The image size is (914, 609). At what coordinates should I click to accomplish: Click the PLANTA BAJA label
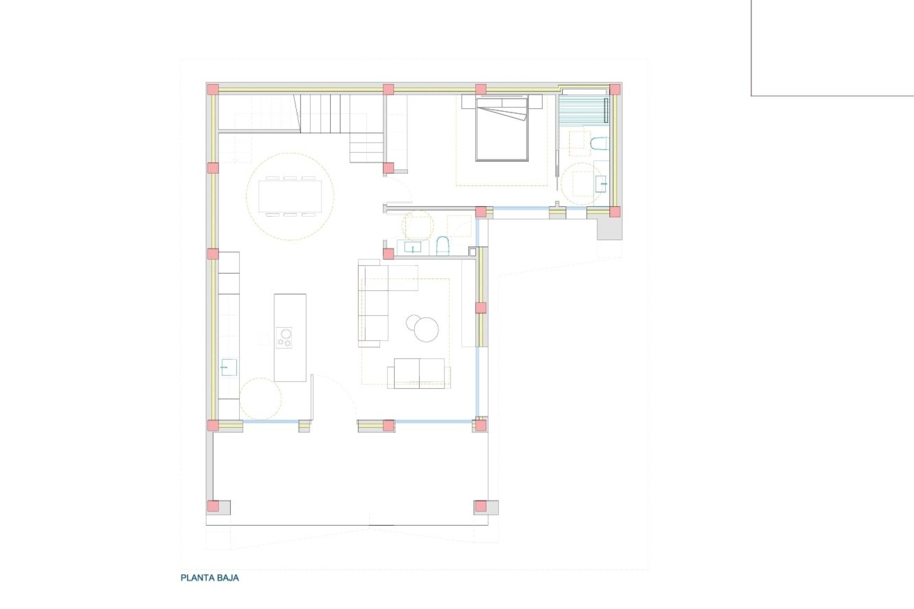209,578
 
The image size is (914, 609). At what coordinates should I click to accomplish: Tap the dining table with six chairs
290,196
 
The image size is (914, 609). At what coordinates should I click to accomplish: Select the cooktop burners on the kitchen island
284,338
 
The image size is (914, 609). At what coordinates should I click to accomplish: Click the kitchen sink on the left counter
229,368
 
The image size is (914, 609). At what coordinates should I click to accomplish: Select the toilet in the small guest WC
443,246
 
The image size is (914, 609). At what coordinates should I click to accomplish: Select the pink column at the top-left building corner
213,89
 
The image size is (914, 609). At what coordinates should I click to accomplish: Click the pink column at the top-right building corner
615,89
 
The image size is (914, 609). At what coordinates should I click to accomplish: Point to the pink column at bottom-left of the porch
213,506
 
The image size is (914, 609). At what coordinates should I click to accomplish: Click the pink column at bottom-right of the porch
480,506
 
